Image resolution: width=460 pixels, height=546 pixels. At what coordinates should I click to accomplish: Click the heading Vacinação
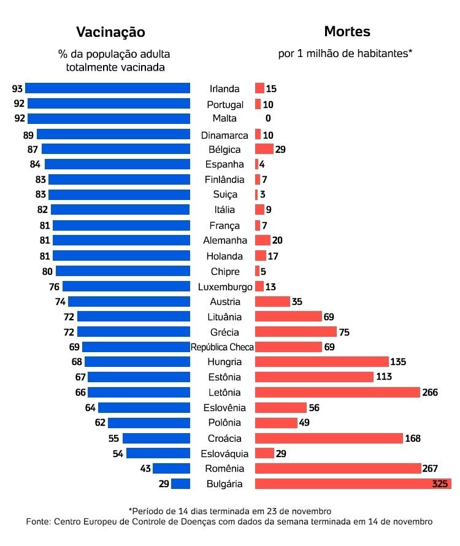pyautogui.click(x=110, y=32)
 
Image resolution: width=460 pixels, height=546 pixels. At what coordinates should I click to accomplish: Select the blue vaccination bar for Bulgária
pyautogui.click(x=180, y=484)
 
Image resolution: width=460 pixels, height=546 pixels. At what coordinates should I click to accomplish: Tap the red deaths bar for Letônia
pyautogui.click(x=337, y=393)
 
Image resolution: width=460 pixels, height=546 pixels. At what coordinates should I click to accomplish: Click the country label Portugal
pyautogui.click(x=225, y=104)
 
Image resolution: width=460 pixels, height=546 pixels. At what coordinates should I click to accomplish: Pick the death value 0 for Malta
pyautogui.click(x=268, y=118)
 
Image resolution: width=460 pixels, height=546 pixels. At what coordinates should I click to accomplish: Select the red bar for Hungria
pyautogui.click(x=321, y=362)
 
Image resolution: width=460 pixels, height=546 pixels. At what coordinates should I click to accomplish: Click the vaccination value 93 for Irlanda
pyautogui.click(x=17, y=88)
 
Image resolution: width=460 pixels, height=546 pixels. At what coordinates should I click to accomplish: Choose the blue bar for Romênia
pyautogui.click(x=171, y=469)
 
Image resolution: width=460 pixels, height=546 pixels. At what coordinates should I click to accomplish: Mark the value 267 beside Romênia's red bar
pyautogui.click(x=431, y=469)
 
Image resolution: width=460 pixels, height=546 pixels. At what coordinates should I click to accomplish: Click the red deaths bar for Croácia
pyautogui.click(x=329, y=438)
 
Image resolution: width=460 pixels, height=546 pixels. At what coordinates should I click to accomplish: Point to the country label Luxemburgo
pyautogui.click(x=225, y=286)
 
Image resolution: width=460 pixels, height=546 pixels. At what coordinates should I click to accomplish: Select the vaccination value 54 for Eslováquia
pyautogui.click(x=117, y=454)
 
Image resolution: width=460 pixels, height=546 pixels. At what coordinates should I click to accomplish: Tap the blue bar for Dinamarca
pyautogui.click(x=113, y=134)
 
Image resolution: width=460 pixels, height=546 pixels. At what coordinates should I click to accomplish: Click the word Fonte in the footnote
pyautogui.click(x=37, y=522)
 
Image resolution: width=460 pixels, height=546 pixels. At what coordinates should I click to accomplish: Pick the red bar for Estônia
pyautogui.click(x=314, y=377)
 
